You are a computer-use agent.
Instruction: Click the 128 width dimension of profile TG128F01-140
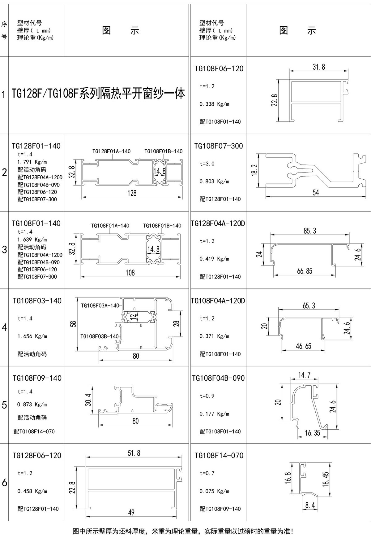pos(132,193)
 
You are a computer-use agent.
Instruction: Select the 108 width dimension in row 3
pos(130,273)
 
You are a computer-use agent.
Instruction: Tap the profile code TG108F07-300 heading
pos(219,146)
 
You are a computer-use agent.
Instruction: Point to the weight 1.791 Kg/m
pos(32,162)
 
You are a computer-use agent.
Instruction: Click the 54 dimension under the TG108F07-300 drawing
pos(315,193)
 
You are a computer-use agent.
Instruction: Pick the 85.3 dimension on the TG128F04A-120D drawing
pos(310,231)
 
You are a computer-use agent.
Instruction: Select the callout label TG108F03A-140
pos(100,305)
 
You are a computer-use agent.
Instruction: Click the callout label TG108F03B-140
pos(99,336)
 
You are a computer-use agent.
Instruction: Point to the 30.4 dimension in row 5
pos(88,400)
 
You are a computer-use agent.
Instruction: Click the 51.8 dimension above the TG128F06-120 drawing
pos(134,453)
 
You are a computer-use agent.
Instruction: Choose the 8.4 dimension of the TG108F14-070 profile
pos(310,506)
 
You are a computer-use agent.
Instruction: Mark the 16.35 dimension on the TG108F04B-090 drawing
pos(312,433)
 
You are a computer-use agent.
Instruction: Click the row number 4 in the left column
pos(4,327)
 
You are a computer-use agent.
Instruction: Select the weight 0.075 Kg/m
pos(214,491)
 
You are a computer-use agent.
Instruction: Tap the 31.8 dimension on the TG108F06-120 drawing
pos(319,67)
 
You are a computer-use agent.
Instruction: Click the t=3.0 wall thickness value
pos(207,164)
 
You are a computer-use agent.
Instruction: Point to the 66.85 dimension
pos(305,271)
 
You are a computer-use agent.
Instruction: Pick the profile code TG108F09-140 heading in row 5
pos(37,378)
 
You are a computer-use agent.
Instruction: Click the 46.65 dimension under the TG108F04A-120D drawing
pos(303,346)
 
